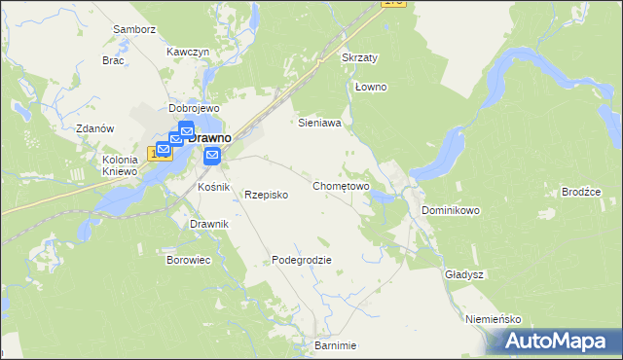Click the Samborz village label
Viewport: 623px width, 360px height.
pyautogui.click(x=134, y=29)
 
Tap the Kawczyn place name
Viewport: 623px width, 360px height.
pyautogui.click(x=188, y=51)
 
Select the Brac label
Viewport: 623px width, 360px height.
pyautogui.click(x=113, y=60)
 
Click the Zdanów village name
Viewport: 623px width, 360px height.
pyautogui.click(x=95, y=128)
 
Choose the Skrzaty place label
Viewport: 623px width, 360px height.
pyautogui.click(x=360, y=58)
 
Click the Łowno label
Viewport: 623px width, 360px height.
pyautogui.click(x=371, y=88)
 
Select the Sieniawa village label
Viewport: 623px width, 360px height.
pyautogui.click(x=318, y=124)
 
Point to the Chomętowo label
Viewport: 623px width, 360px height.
pyautogui.click(x=341, y=185)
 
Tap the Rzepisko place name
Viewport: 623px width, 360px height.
pyautogui.click(x=266, y=195)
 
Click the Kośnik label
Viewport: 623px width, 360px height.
pyautogui.click(x=212, y=186)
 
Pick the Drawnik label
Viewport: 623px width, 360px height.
pyautogui.click(x=208, y=225)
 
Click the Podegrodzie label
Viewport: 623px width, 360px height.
pyautogui.click(x=302, y=260)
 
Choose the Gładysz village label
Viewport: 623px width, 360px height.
pyautogui.click(x=465, y=274)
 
